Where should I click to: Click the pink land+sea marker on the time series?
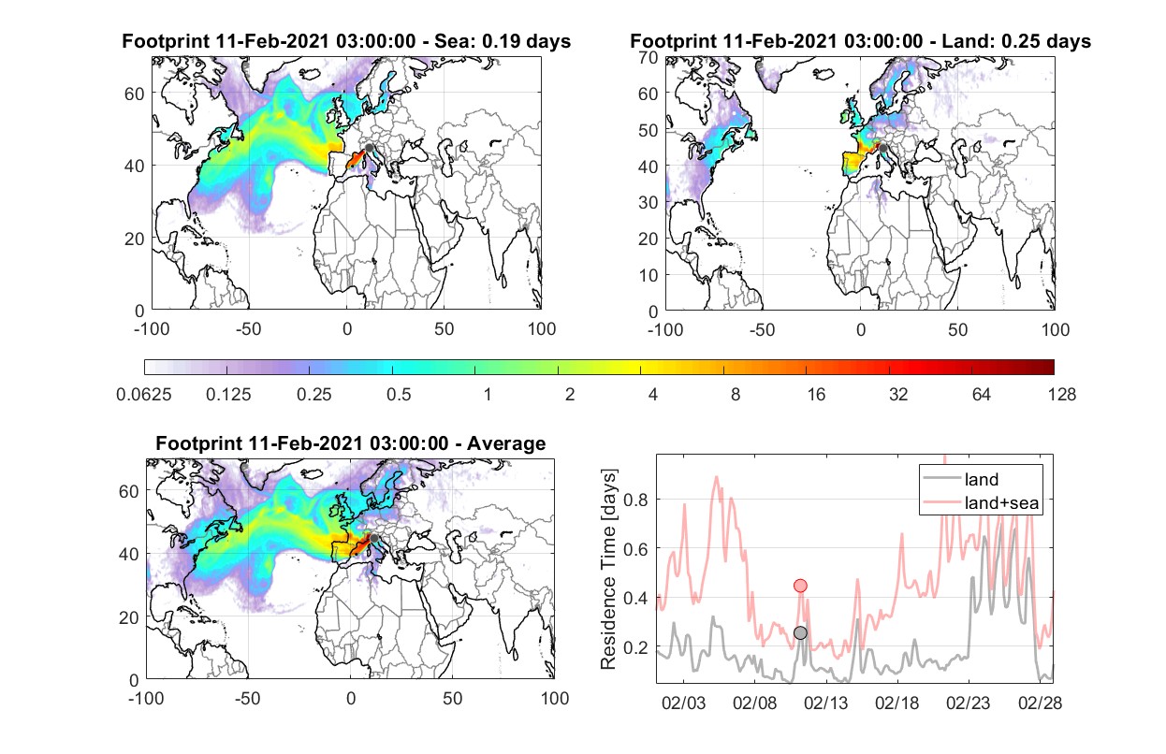tap(801, 586)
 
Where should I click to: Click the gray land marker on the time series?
tap(801, 632)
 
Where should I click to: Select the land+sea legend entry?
tap(982, 502)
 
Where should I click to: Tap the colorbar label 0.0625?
tap(144, 395)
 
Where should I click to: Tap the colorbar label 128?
tap(1062, 395)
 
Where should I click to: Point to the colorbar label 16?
tap(816, 395)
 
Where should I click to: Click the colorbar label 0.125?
tap(228, 395)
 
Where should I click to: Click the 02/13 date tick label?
tap(826, 703)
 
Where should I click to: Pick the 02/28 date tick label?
tap(1040, 703)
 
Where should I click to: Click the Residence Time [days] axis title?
tap(608, 569)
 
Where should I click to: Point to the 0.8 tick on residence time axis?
tap(635, 500)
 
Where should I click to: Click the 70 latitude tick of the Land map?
tap(649, 58)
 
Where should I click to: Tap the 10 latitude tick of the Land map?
tap(649, 275)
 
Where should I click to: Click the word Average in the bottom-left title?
tap(506, 443)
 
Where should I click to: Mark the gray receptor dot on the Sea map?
tap(370, 148)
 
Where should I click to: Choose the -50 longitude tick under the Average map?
tap(247, 698)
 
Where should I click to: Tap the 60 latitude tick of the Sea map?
tap(134, 94)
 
